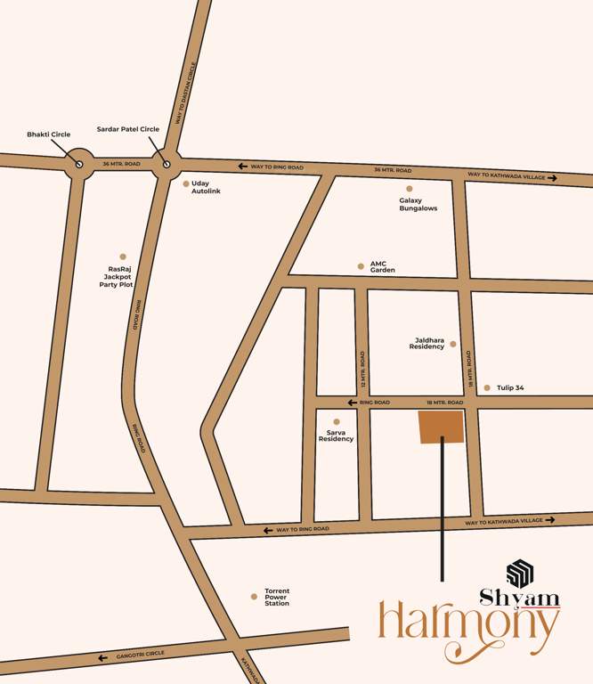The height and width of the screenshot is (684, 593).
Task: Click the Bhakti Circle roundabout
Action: (x=79, y=164)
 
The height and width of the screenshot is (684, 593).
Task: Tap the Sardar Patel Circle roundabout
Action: (x=166, y=164)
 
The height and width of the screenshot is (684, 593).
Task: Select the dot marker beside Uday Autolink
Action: (x=186, y=184)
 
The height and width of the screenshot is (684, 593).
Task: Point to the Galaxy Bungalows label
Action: (x=418, y=204)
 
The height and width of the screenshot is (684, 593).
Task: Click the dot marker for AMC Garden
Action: (x=361, y=265)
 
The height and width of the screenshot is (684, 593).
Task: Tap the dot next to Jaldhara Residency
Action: (x=452, y=344)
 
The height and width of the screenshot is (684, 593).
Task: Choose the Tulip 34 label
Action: (x=511, y=387)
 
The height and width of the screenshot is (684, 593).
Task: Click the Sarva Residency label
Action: (x=336, y=435)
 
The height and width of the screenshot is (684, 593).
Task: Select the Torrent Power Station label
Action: (x=277, y=597)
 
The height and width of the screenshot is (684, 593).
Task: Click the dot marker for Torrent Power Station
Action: (x=254, y=597)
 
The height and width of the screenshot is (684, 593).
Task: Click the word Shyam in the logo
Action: (x=520, y=598)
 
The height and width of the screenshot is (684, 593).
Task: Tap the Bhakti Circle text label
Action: (x=48, y=134)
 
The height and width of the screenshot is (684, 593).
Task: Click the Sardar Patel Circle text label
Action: (x=128, y=129)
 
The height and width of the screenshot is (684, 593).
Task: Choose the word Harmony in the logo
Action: (x=468, y=630)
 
